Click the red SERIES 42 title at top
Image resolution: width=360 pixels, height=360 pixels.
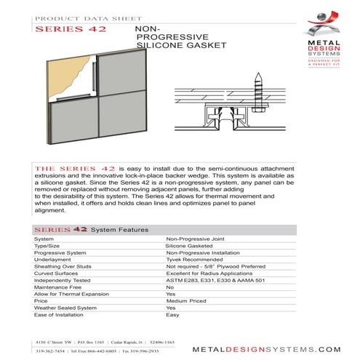pos(71,30)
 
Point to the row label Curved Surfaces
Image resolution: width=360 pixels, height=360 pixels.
pos(57,272)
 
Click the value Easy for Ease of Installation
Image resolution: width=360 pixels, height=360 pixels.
pos(172,314)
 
